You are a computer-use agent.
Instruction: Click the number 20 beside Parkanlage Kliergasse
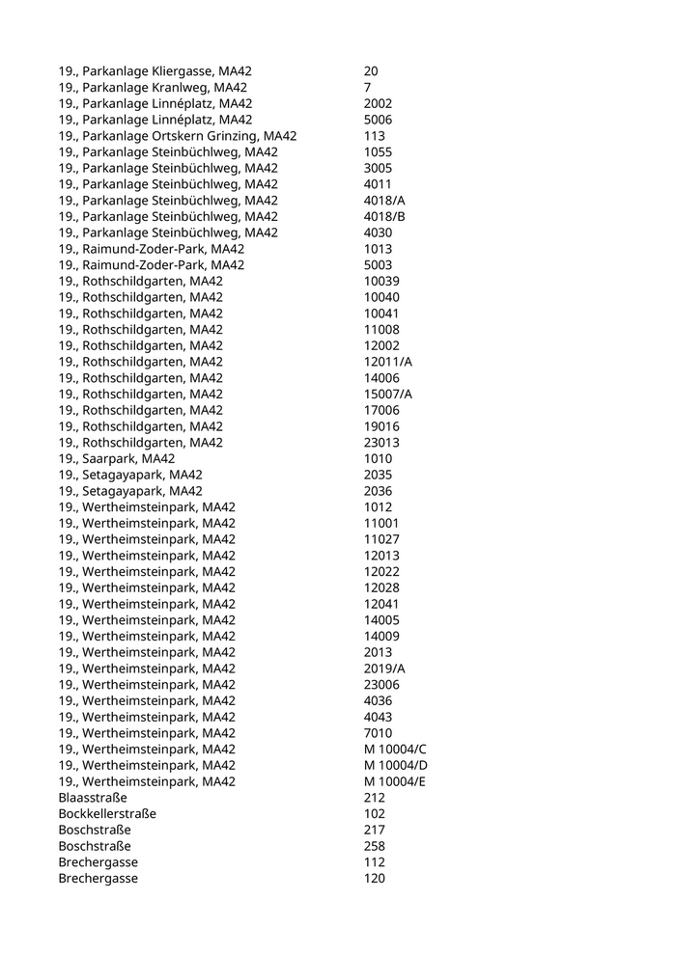(371, 71)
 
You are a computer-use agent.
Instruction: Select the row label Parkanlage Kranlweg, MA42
(153, 88)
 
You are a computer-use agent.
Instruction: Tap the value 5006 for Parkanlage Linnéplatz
(378, 120)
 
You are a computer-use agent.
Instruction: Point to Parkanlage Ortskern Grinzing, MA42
(177, 136)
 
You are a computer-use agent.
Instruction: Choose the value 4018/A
(384, 201)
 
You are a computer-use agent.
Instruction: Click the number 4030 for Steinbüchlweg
(378, 232)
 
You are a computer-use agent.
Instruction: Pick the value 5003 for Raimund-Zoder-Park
(378, 265)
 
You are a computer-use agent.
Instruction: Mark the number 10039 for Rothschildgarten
(381, 281)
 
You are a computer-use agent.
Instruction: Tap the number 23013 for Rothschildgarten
(381, 443)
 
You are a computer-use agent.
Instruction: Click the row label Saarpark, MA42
(116, 459)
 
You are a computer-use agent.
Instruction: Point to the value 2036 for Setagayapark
(378, 491)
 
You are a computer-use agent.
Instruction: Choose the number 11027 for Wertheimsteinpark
(381, 539)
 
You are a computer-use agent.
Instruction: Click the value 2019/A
(384, 668)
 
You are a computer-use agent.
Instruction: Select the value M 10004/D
(395, 765)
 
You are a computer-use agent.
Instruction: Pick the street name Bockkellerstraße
(107, 813)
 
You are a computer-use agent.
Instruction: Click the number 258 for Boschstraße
(375, 846)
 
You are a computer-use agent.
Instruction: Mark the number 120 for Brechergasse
(375, 878)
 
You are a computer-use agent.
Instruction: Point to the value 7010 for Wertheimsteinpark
(378, 733)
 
